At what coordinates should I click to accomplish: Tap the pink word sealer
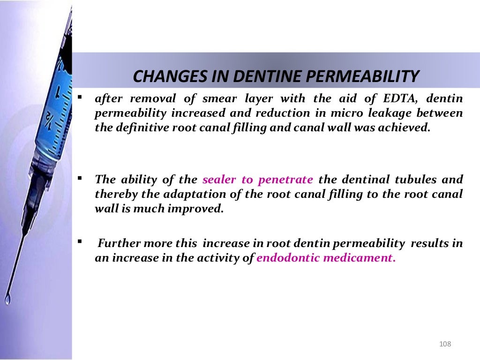tap(219, 180)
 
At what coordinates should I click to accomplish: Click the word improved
tap(197, 209)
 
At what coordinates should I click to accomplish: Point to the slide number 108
tap(445, 345)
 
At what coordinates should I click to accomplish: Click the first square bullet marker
tap(81, 97)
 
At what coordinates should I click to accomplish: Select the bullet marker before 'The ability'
tap(81, 178)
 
